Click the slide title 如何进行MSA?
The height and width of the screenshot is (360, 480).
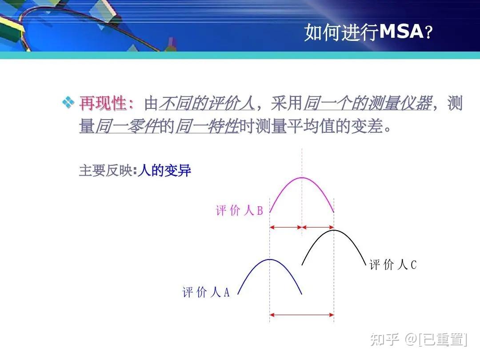click(368, 32)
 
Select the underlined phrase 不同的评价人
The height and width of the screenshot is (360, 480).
click(207, 104)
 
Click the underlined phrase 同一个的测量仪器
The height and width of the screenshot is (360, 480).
click(367, 104)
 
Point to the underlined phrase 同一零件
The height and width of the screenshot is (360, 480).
click(127, 127)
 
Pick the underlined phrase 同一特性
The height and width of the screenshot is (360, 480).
click(207, 127)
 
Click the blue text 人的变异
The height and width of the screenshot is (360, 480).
click(164, 171)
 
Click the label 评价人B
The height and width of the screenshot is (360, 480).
click(239, 211)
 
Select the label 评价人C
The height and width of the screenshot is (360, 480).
click(393, 265)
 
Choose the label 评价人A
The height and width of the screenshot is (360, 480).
click(206, 292)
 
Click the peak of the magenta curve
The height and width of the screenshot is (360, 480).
click(302, 178)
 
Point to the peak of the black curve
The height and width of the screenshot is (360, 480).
click(334, 230)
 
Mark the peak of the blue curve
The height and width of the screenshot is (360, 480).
click(270, 260)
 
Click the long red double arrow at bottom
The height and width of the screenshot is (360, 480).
click(302, 315)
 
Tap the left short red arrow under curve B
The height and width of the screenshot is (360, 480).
click(286, 228)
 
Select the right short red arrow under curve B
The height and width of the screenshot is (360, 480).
click(318, 228)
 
